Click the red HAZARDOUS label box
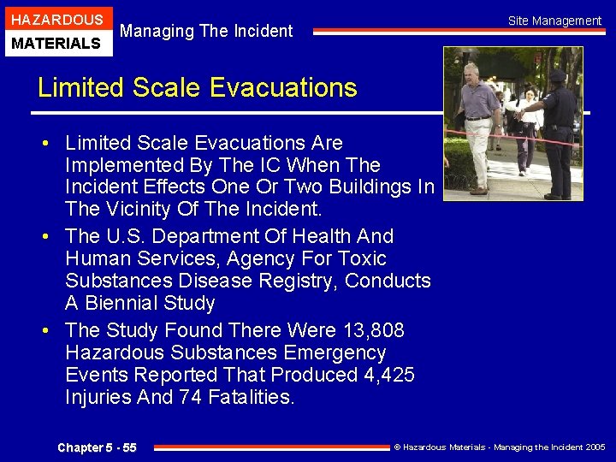(56, 19)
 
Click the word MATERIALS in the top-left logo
(56, 43)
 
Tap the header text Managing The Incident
(206, 32)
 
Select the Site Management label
(554, 21)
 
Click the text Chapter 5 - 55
(97, 447)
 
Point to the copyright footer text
(499, 447)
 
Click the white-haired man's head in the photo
(471, 72)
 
